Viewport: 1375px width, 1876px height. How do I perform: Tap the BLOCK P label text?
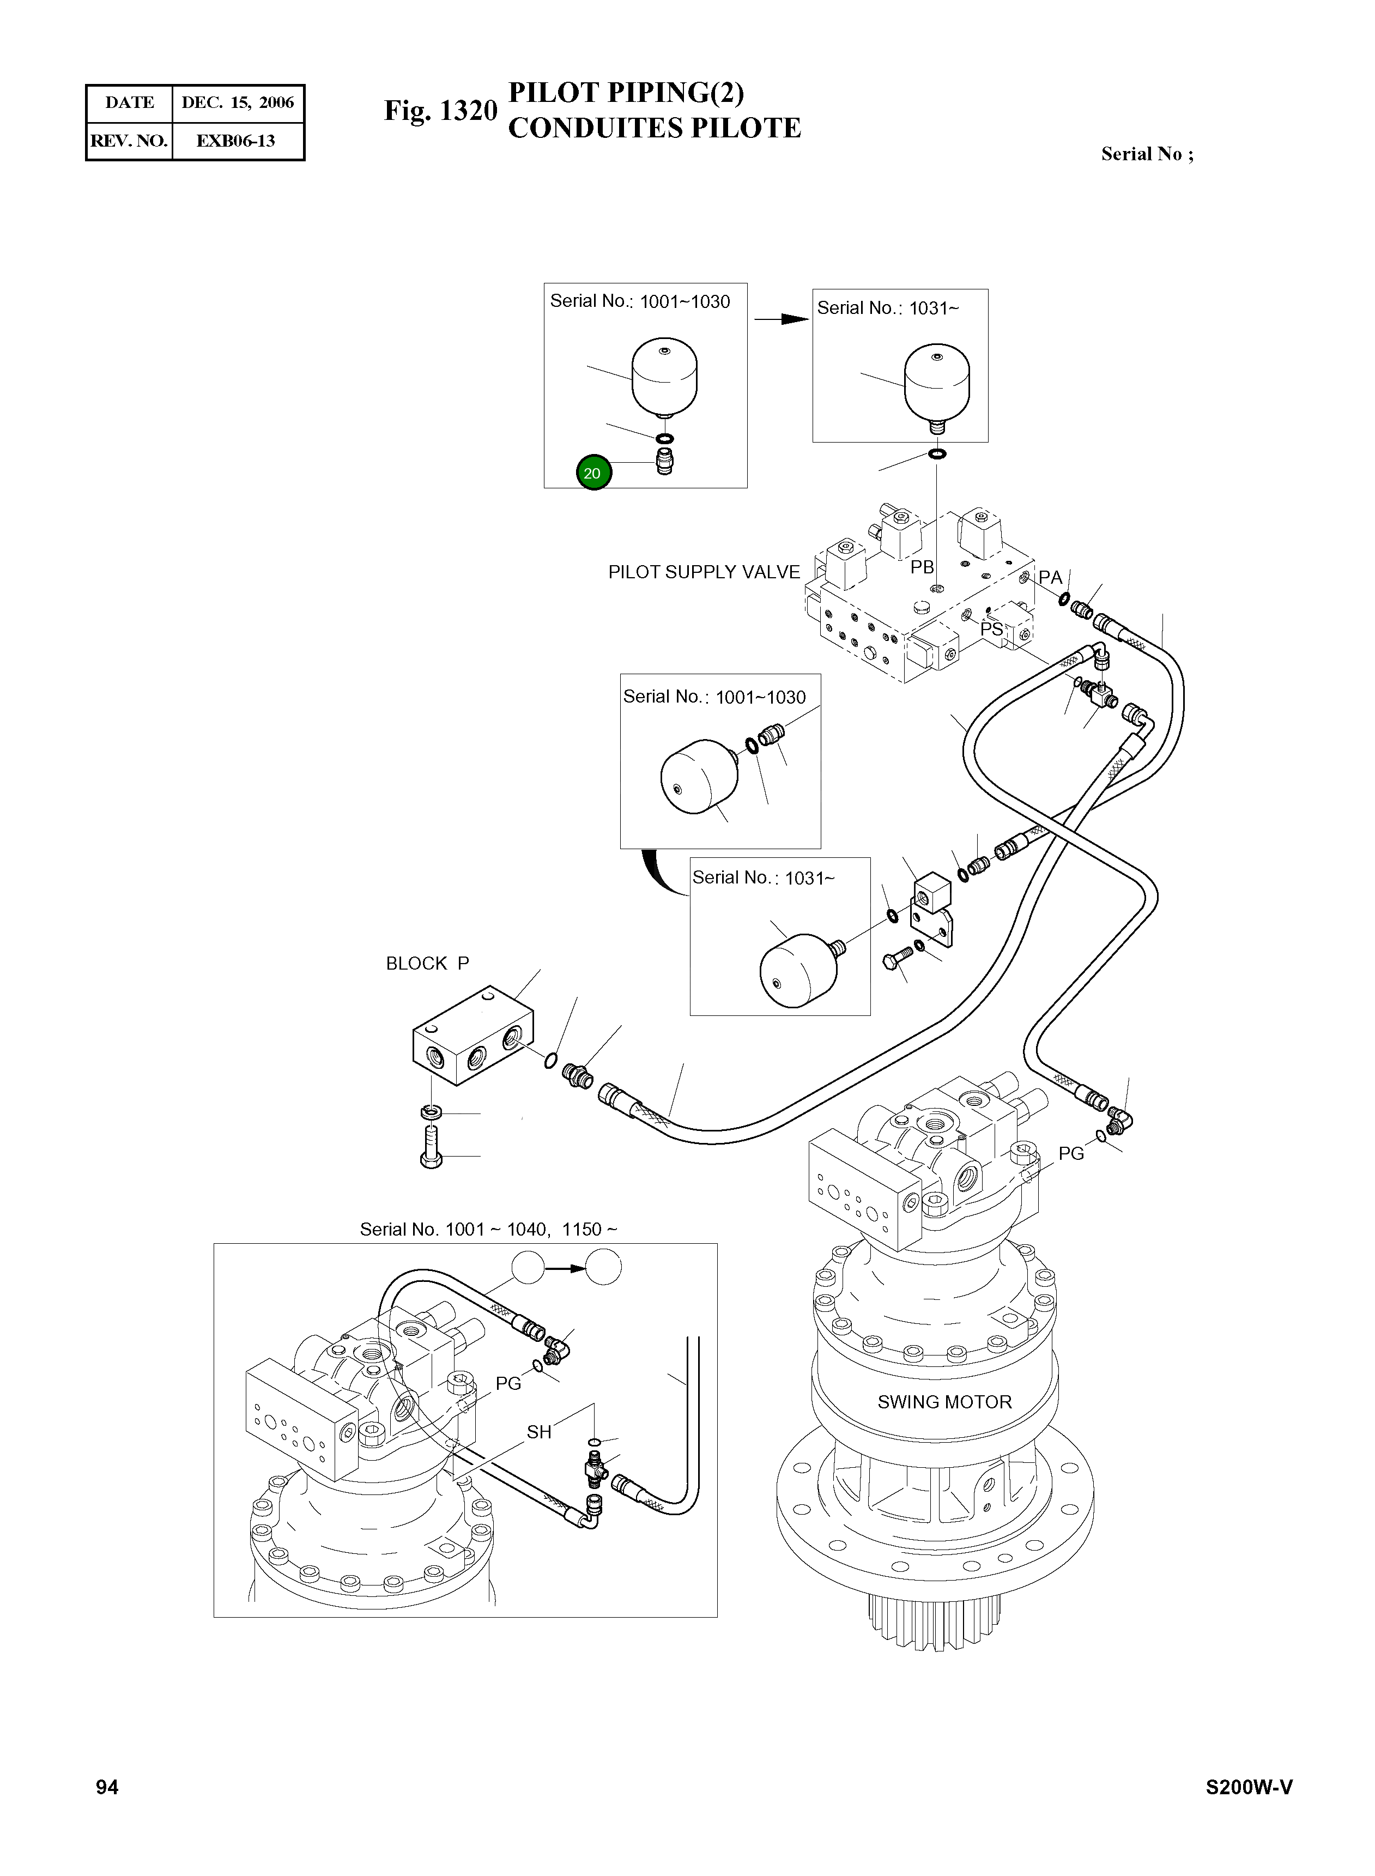[427, 963]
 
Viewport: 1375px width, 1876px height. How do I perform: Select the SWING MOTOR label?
[944, 1402]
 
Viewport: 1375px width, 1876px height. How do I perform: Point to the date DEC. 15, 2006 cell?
[237, 103]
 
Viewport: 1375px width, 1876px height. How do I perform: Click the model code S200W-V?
[1249, 1788]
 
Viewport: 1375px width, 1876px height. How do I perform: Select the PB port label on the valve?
[922, 567]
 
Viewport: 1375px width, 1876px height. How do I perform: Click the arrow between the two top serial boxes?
[781, 319]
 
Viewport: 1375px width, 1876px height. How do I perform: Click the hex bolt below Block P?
[431, 1148]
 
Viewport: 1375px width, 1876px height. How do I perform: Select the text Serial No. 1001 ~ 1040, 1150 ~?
[488, 1229]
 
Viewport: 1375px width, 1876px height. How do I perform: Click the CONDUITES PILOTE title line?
[653, 128]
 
